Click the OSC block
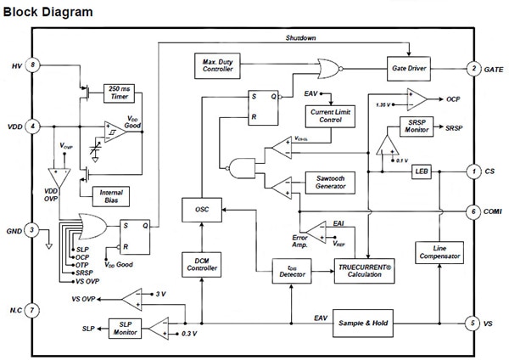(x=202, y=209)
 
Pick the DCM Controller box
(x=202, y=266)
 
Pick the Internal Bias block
(x=112, y=197)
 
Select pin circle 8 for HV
(x=32, y=65)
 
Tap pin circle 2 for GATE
(x=474, y=67)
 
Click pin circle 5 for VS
(x=474, y=323)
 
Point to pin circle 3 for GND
(x=32, y=229)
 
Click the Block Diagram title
(x=48, y=13)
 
